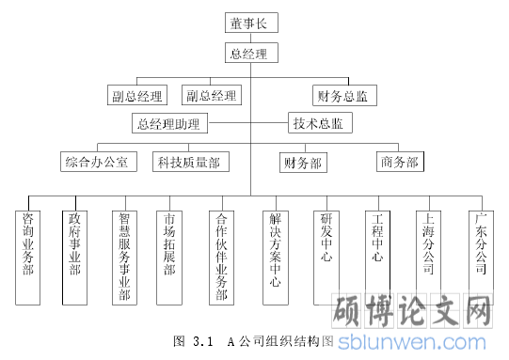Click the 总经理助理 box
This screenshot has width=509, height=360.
pos(169,123)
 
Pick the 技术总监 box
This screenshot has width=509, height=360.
pos(319,123)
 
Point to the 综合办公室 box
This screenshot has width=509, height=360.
pos(102,162)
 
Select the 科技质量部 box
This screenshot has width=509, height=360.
pos(188,162)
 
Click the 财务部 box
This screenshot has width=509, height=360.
pos(303,162)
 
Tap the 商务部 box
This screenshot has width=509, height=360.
pos(398,162)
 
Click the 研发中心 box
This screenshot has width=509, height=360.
pos(326,240)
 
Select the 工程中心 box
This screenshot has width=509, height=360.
pos(376,240)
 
